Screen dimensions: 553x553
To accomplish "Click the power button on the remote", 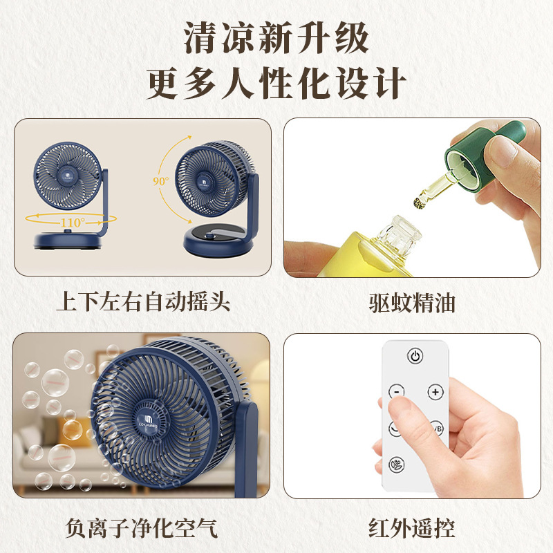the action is pyautogui.click(x=415, y=356).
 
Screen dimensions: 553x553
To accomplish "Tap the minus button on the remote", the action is pyautogui.click(x=397, y=391).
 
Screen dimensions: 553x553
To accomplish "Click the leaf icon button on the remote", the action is pyautogui.click(x=396, y=464).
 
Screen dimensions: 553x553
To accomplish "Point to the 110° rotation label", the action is pyautogui.click(x=73, y=222).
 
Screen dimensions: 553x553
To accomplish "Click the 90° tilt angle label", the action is pyautogui.click(x=161, y=181).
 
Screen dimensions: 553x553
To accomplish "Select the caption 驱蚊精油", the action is pyautogui.click(x=412, y=303).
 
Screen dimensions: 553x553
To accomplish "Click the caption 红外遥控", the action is pyautogui.click(x=412, y=528).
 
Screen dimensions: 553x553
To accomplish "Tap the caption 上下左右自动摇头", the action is pyautogui.click(x=143, y=301).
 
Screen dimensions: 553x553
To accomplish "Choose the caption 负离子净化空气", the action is pyautogui.click(x=142, y=528).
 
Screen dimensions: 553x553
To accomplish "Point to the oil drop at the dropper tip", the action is pyautogui.click(x=419, y=202).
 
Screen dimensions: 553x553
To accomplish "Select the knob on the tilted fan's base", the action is pyautogui.click(x=212, y=236).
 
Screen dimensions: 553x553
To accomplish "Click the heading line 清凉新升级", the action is pyautogui.click(x=276, y=38).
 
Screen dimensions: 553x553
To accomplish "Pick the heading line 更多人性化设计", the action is pyautogui.click(x=276, y=83).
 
